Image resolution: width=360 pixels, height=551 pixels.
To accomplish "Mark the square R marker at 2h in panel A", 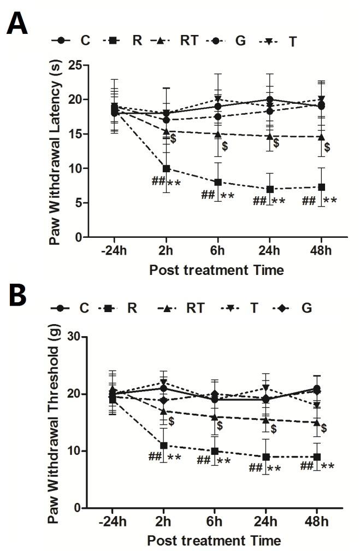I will coord(166,168).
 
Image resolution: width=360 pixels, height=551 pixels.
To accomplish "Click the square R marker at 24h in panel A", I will coord(270,189).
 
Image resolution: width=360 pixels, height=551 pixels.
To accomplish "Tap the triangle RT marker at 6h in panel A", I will coord(218,134).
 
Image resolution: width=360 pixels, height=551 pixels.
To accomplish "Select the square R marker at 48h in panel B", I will coord(317,457).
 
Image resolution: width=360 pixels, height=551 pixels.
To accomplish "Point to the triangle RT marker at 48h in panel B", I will coord(317,423).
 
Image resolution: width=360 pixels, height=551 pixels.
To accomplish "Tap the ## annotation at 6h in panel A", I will coord(208,195).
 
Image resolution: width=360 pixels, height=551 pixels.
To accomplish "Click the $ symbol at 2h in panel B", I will coord(171,421).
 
